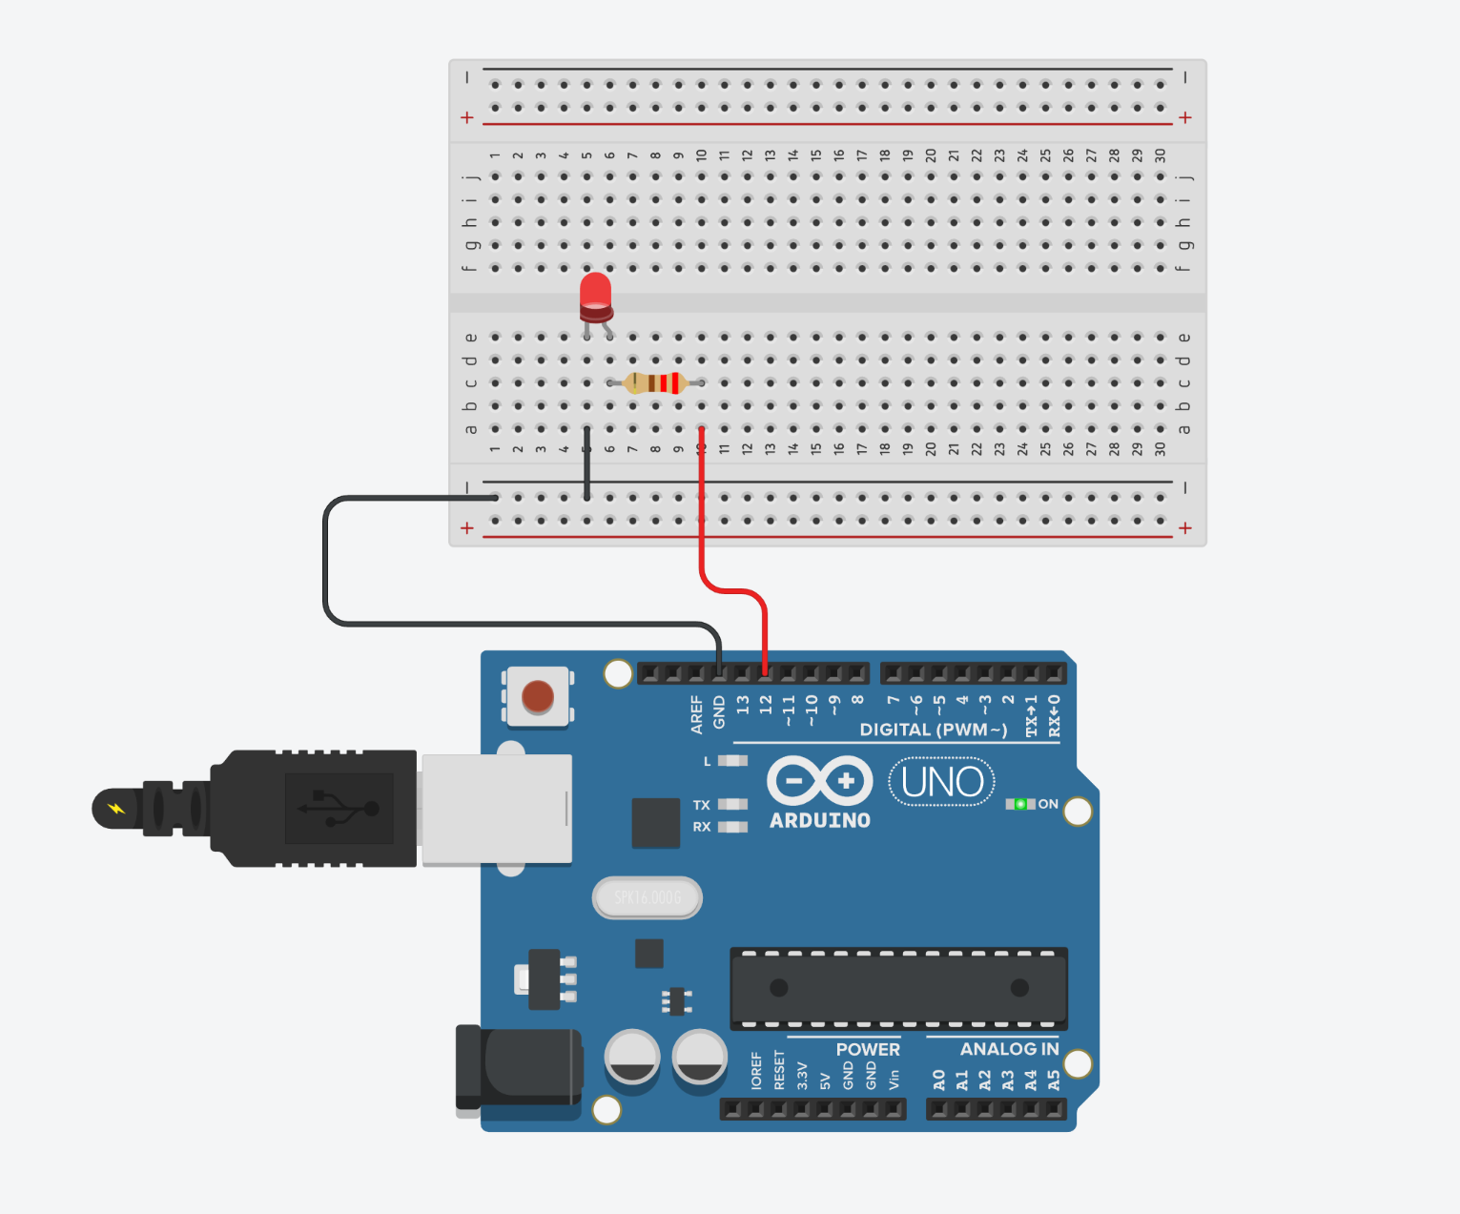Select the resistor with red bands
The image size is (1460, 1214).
pos(656,383)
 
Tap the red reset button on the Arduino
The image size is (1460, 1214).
pos(538,697)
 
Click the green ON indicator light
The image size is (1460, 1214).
pos(1019,804)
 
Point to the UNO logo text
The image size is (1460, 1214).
pos(942,782)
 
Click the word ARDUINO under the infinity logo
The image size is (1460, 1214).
pos(820,820)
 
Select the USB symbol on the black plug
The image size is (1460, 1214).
pos(339,809)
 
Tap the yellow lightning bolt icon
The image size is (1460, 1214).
pos(116,809)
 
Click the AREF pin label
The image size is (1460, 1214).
pos(697,714)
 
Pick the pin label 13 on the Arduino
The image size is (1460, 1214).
pos(743,706)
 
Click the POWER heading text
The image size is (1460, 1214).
pos(868,1049)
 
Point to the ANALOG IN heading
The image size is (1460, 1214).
pos(1009,1049)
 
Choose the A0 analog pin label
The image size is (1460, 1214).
pos(939,1080)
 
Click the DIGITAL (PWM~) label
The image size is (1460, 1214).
pos(933,730)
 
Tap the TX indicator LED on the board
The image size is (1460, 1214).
pos(732,805)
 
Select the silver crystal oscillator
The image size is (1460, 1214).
pos(648,897)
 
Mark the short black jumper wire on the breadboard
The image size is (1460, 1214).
pos(586,463)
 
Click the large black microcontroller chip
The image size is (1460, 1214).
pos(898,988)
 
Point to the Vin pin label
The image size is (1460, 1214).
pos(894,1079)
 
